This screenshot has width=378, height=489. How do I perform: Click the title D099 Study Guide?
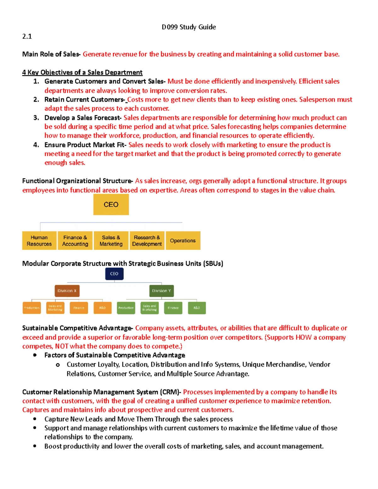189,27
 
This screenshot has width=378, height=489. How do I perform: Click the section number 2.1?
27,36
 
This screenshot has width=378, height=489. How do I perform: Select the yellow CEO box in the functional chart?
111,204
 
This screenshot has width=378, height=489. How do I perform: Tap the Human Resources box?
39,241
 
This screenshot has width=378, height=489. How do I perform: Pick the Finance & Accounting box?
75,241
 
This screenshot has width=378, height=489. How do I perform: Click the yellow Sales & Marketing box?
111,241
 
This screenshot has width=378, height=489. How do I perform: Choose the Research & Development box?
147,241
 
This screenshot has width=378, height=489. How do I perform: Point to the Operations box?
183,241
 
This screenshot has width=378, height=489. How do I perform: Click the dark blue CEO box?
114,274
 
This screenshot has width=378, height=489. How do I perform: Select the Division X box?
67,291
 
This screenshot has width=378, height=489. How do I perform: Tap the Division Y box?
161,291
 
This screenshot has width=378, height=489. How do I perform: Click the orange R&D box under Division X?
102,308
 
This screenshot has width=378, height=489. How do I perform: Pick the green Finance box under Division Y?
173,308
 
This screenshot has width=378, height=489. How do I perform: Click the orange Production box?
31,308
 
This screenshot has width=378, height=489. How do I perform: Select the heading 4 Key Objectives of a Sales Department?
82,72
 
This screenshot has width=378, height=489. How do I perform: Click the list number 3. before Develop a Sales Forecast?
36,118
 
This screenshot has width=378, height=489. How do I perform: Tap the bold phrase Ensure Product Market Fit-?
85,145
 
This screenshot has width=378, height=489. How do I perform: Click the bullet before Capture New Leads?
35,419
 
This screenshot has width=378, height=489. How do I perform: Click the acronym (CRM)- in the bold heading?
170,392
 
